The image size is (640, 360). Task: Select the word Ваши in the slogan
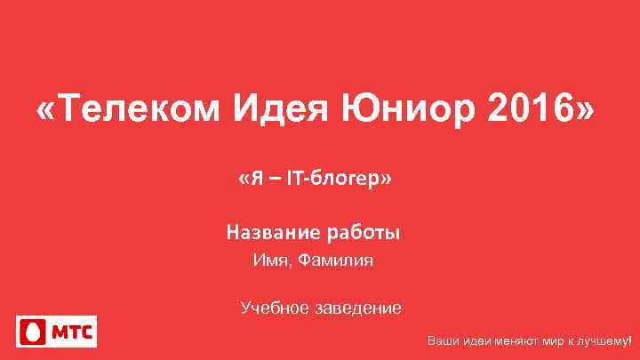point(442,341)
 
